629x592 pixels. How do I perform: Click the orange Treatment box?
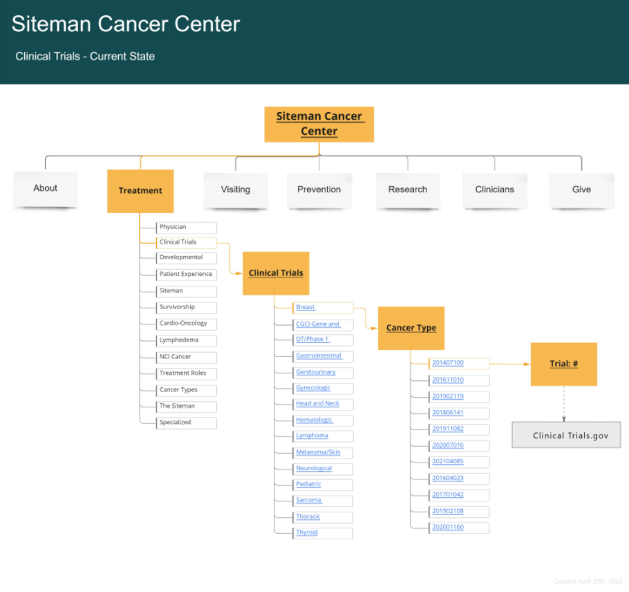point(140,191)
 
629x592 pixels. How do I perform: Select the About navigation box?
point(46,188)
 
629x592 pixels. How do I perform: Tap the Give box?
point(581,189)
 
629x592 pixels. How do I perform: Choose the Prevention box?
point(319,189)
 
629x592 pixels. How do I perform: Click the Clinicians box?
point(494,189)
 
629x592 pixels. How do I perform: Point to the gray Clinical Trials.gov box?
point(566,436)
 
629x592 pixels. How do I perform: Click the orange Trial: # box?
point(563,364)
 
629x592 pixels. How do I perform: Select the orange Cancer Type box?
point(411,328)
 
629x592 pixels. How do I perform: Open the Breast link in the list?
point(306,307)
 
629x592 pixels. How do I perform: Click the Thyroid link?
point(307,533)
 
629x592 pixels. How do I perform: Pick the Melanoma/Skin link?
point(318,452)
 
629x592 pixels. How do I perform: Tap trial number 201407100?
point(448,363)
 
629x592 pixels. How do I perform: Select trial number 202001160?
point(448,528)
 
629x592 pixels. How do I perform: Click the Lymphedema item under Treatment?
point(178,340)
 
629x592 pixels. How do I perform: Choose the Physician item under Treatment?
point(173,227)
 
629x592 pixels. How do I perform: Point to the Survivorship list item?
point(177,307)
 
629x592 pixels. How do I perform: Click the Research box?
point(407,189)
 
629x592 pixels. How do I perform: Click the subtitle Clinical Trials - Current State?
point(85,57)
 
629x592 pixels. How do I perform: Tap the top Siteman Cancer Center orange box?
point(319,124)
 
